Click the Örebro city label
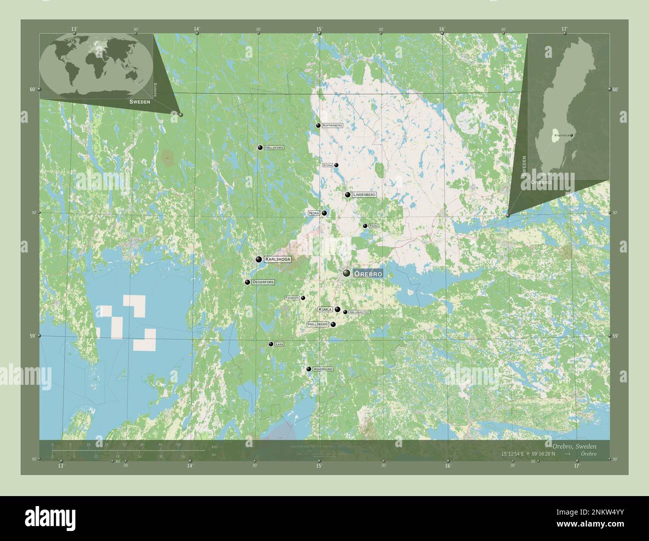[x=368, y=273]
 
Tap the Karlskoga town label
[x=277, y=259]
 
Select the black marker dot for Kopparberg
[x=318, y=125]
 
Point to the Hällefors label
[x=274, y=148]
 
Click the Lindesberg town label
[x=364, y=195]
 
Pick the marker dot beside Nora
[x=324, y=213]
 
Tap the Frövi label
[x=374, y=226]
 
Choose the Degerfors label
[x=263, y=282]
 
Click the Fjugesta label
[x=292, y=298]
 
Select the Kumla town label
[x=325, y=309]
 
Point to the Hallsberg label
[x=318, y=324]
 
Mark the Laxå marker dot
[x=271, y=344]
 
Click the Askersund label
[x=323, y=369]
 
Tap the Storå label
[x=327, y=165]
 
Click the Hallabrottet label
[x=359, y=312]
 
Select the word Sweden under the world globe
[x=139, y=101]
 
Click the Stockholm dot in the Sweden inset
[x=572, y=135]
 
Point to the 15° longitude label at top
[x=319, y=29]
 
